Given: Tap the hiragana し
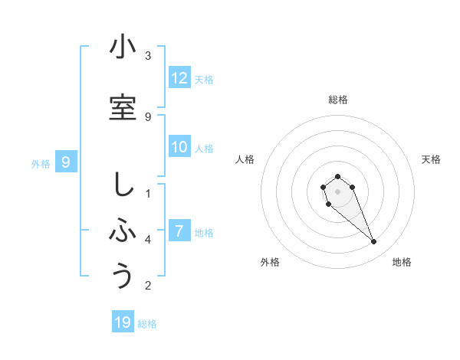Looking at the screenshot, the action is tap(123, 185).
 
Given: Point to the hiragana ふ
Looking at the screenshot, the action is tap(123, 229).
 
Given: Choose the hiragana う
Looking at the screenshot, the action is tap(123, 275).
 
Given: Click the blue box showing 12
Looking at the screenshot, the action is tap(179, 78).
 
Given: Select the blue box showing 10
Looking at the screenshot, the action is tap(179, 147).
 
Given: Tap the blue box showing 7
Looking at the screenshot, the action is tap(179, 231).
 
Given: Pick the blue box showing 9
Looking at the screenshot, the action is tap(67, 162).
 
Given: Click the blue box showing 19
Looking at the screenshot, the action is tap(123, 322).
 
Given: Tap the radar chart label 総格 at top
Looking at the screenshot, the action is tap(337, 100).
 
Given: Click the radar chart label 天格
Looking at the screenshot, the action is tap(431, 159).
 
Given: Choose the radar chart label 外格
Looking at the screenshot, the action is tap(270, 262).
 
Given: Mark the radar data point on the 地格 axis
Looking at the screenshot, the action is tap(374, 242).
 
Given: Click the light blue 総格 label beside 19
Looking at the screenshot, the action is tap(147, 324).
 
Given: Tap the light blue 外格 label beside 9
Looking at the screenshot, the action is tap(41, 163).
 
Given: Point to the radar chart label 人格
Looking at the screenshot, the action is tap(245, 159).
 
